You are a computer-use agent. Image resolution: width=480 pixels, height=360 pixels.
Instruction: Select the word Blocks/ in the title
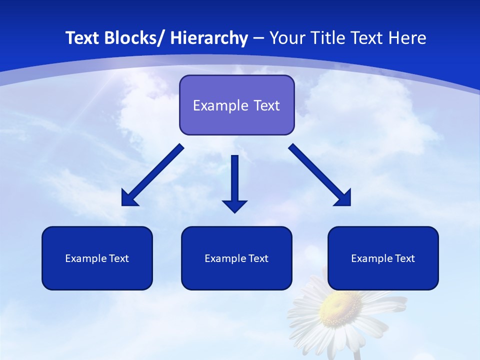(x=133, y=38)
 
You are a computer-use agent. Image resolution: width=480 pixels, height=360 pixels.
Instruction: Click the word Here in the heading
(x=407, y=38)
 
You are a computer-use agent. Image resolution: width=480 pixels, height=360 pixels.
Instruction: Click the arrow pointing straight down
(x=234, y=180)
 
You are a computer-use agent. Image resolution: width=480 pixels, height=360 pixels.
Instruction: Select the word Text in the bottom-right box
(x=405, y=258)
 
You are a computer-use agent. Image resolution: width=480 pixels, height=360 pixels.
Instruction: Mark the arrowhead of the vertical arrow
(x=234, y=205)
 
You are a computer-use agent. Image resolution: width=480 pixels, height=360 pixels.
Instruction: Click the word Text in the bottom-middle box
(x=258, y=258)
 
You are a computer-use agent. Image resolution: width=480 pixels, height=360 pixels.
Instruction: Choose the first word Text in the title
(x=82, y=38)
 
